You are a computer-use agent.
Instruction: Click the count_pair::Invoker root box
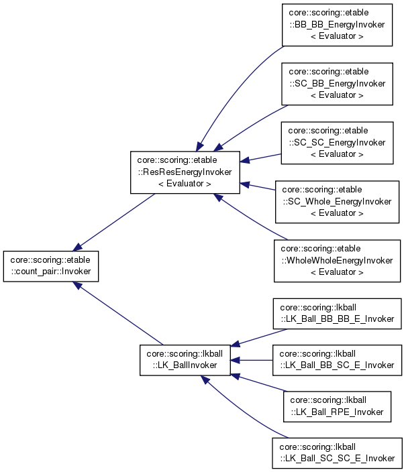tap(52, 265)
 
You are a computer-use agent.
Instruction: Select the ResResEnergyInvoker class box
tap(185, 172)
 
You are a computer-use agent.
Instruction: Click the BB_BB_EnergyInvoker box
tap(337, 24)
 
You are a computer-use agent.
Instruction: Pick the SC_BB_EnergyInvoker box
tap(337, 83)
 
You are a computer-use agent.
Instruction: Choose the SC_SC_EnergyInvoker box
tap(337, 143)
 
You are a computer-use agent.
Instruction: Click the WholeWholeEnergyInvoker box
tap(337, 261)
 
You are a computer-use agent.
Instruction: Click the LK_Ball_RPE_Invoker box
tap(336, 406)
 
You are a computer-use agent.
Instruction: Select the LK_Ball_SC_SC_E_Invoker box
tap(337, 452)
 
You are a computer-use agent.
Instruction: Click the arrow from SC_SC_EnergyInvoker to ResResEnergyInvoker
tap(261, 158)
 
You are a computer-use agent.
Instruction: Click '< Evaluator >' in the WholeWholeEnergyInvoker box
tap(337, 272)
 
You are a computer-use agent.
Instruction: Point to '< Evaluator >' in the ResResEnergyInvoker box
tap(185, 183)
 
